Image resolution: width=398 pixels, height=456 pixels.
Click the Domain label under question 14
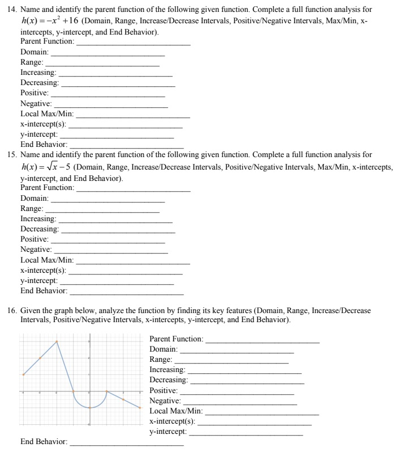click(34, 52)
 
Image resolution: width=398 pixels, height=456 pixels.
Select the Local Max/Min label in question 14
click(47, 114)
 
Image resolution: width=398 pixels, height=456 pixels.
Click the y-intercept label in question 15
click(38, 280)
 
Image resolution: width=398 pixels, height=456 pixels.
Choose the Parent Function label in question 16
click(176, 339)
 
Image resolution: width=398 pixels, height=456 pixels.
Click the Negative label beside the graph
click(165, 401)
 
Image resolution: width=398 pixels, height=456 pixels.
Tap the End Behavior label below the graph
click(44, 441)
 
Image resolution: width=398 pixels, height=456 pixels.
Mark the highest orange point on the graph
click(56, 341)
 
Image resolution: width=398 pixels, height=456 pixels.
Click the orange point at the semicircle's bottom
click(89, 408)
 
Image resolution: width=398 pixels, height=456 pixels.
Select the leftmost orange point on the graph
click(23, 374)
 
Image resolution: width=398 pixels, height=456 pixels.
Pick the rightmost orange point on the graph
click(139, 408)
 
